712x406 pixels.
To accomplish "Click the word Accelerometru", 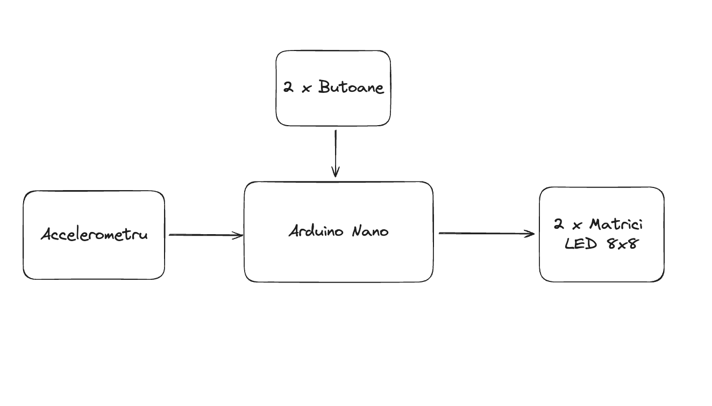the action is (x=95, y=234).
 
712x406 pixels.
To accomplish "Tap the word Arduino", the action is (x=316, y=230).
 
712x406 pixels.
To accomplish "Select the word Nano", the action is (x=371, y=231).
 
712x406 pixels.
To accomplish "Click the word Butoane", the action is (x=351, y=87).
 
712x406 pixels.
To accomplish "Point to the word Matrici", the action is (x=616, y=224).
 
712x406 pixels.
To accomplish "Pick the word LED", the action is (x=581, y=244).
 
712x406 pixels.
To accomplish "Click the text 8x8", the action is (x=623, y=244).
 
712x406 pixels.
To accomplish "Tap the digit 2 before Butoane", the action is (x=288, y=87).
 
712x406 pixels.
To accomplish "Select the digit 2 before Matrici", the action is (x=559, y=224).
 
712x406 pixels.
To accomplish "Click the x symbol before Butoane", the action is (x=306, y=89).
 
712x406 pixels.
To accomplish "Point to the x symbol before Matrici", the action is (x=577, y=226).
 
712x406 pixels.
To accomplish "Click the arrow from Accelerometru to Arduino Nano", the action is (x=206, y=235).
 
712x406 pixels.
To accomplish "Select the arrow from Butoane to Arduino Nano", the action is (x=336, y=153).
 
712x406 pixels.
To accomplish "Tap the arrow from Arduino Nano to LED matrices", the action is (x=487, y=234).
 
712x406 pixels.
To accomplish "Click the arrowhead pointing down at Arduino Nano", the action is (x=336, y=171).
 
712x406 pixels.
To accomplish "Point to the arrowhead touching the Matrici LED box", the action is (x=530, y=234).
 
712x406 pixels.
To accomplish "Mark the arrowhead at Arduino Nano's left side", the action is (x=238, y=236).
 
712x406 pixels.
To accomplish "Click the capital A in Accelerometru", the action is (x=47, y=234).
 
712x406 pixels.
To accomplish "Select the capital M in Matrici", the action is (x=596, y=224).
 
